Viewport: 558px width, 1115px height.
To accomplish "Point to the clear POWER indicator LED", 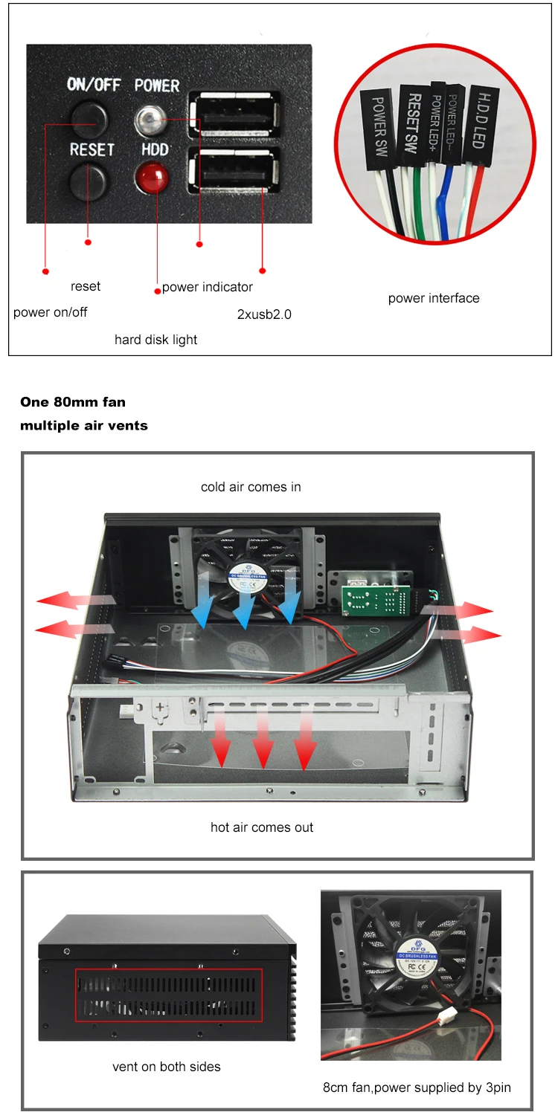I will [151, 117].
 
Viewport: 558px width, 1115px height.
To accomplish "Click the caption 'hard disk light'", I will [155, 340].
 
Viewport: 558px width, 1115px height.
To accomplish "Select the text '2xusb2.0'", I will [264, 314].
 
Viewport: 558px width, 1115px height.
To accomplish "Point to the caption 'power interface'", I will [434, 298].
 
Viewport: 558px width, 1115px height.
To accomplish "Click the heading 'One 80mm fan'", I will [73, 402].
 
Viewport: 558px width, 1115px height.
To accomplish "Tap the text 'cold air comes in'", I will [251, 487].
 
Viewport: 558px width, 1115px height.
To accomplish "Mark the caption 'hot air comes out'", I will [262, 827].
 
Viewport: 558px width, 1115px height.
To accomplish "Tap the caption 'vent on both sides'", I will [167, 1067].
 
